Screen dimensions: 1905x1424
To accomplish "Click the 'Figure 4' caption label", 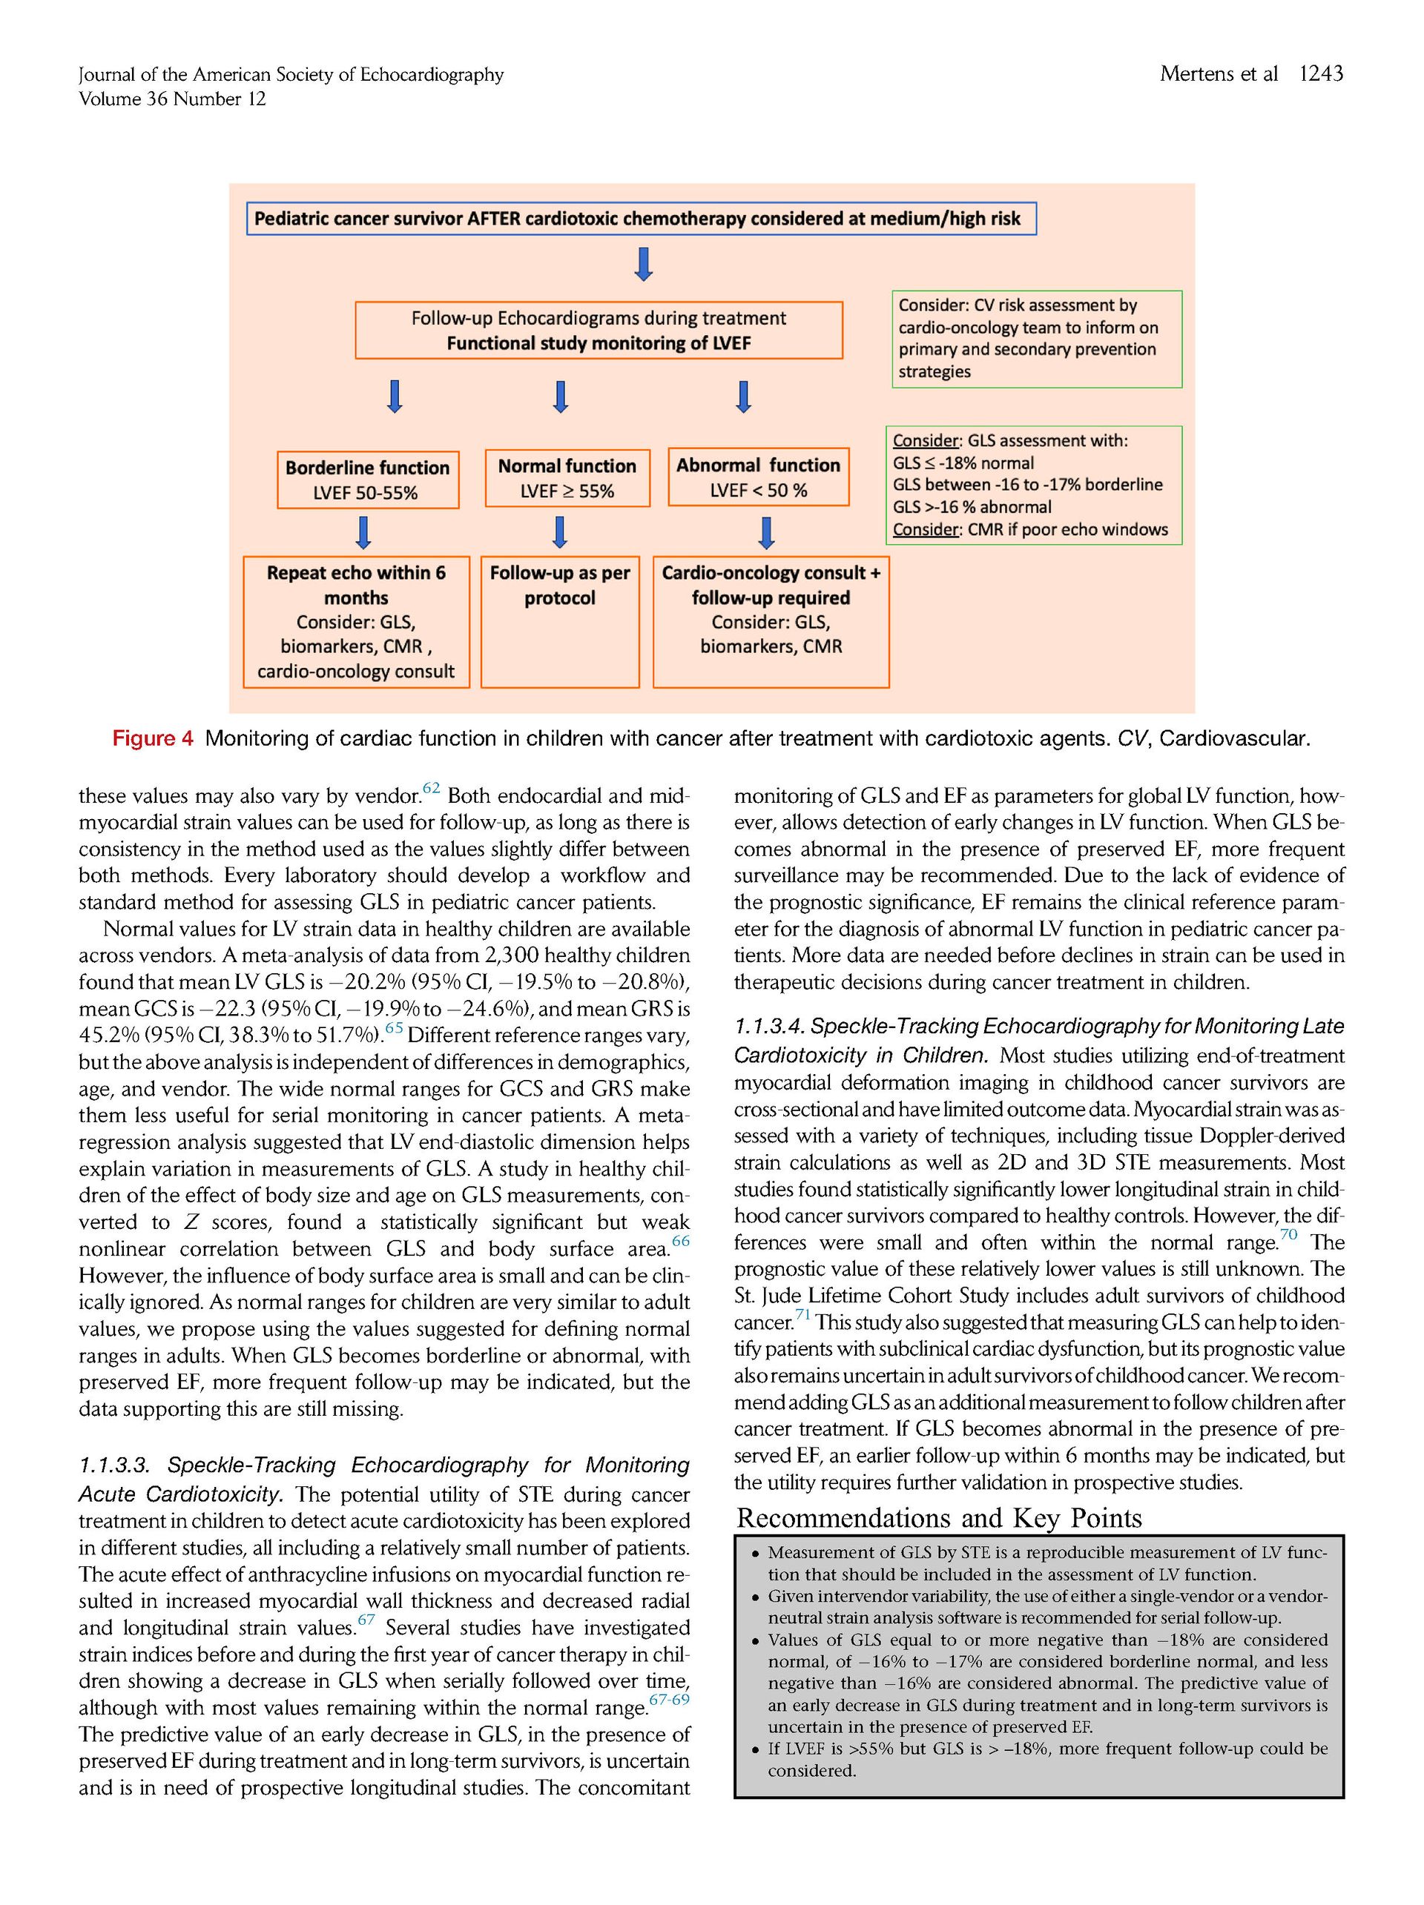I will [x=153, y=738].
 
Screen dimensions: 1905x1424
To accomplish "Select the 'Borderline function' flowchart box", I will [x=367, y=480].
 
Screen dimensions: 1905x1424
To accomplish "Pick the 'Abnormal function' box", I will [x=757, y=477].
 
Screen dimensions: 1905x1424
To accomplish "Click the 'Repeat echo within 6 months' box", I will [x=356, y=621].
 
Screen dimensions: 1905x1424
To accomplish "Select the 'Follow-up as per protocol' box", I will [x=559, y=621].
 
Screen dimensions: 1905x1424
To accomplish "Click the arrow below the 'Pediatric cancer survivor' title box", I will [x=642, y=265].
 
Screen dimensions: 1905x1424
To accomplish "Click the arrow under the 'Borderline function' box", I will [x=363, y=532].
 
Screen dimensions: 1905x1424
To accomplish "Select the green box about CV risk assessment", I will [x=1035, y=339].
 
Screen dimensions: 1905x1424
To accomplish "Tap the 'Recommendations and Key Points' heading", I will [x=938, y=1517].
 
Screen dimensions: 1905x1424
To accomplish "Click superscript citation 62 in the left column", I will [x=431, y=788].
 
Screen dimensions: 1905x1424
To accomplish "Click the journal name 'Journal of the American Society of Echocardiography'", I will [x=291, y=75].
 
